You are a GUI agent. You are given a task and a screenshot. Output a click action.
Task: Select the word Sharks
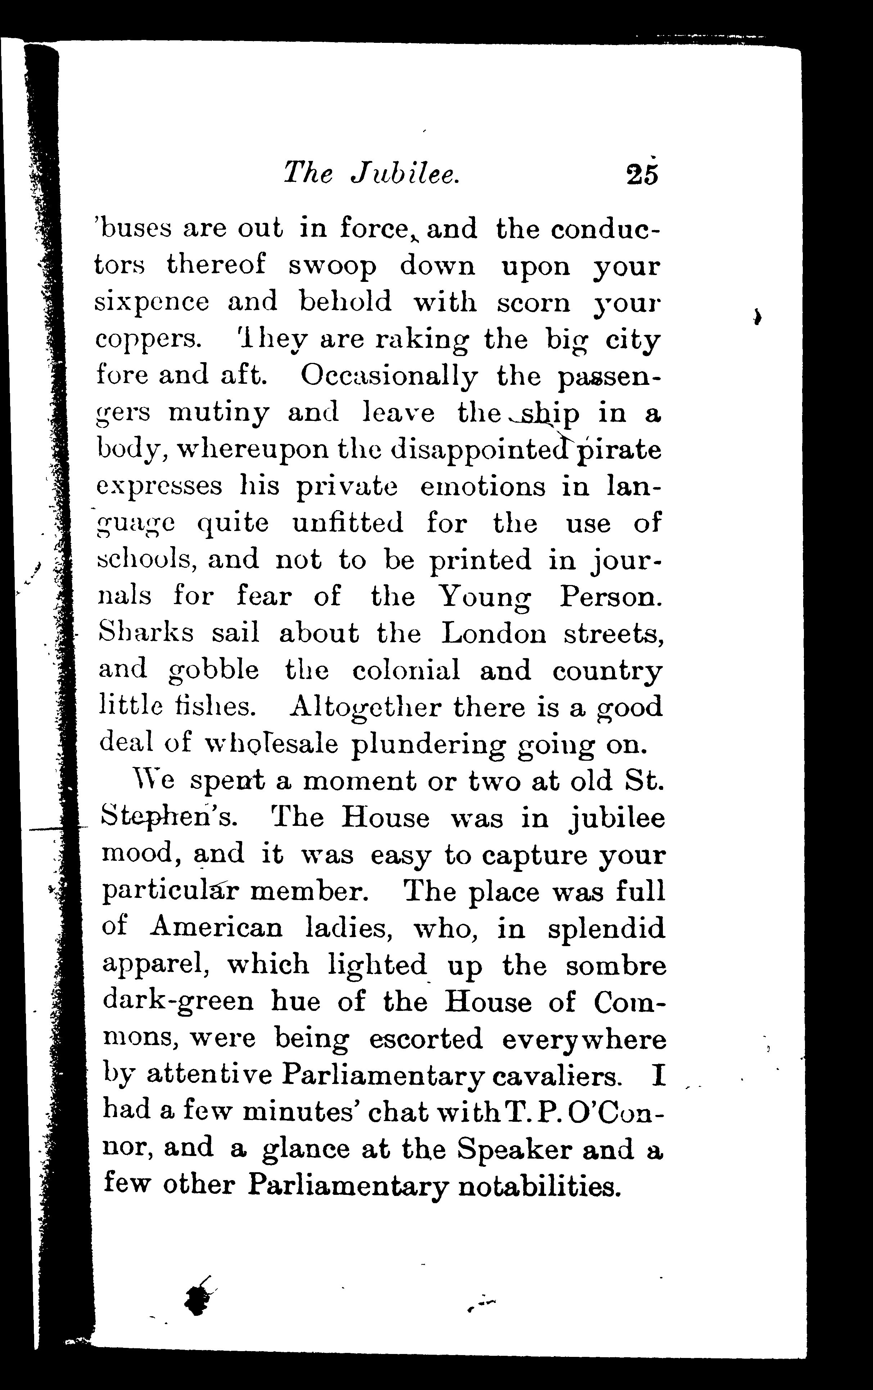(146, 633)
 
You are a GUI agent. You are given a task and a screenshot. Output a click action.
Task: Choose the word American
(216, 928)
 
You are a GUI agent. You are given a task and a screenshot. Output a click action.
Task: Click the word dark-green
(178, 1002)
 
